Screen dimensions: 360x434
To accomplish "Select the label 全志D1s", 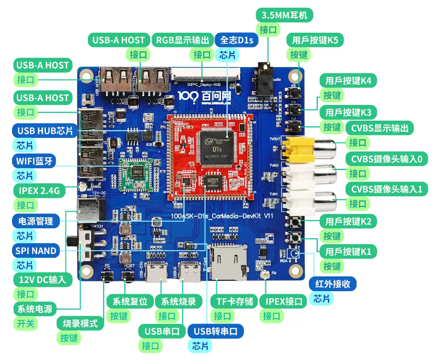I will [236, 40].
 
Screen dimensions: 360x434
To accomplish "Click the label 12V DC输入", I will [42, 280].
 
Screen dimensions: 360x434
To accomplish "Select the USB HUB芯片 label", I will [45, 131].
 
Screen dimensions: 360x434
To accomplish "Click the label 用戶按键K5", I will [315, 40].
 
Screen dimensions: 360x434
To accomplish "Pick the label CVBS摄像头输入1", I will [387, 189].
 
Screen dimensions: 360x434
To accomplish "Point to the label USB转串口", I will [216, 331].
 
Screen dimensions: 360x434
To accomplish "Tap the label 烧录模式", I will [80, 323].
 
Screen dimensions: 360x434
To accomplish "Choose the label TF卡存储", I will [235, 301].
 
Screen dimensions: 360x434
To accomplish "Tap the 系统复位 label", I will [130, 301].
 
